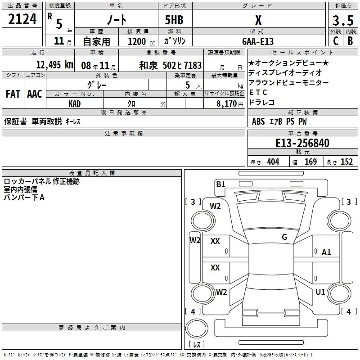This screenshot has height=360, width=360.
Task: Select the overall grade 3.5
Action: point(342,21)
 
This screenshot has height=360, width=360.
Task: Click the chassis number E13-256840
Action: point(302,143)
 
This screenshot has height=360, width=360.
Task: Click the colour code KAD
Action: point(75,103)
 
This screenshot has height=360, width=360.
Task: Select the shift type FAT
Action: point(13,94)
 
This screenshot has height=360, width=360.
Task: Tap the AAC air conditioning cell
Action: point(35,94)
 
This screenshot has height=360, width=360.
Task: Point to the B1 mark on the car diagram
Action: point(220,184)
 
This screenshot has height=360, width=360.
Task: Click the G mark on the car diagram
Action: point(284,237)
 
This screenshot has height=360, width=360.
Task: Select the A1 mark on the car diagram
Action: point(326,252)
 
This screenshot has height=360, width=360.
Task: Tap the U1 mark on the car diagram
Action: point(320,292)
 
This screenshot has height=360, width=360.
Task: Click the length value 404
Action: point(273,162)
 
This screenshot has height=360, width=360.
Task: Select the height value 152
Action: point(346,162)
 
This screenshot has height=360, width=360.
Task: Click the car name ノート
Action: point(117,21)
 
